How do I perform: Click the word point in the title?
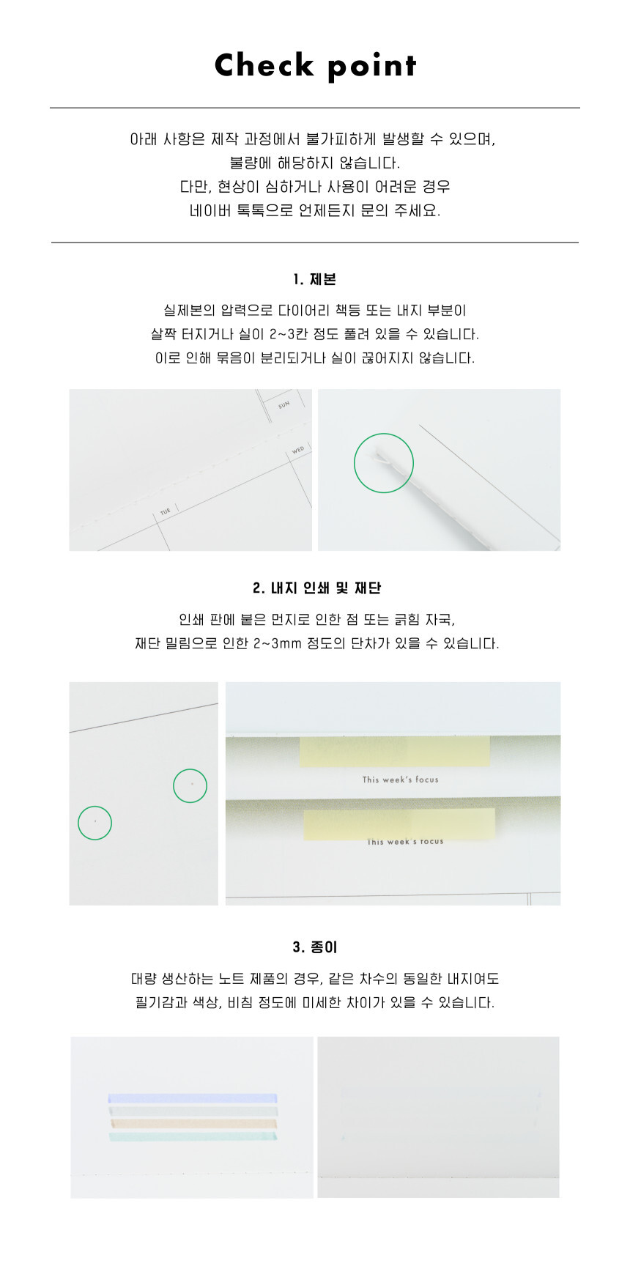(x=372, y=67)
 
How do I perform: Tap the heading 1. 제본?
(x=315, y=279)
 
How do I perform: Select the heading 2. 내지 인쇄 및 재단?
(x=317, y=588)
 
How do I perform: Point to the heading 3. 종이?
(x=315, y=947)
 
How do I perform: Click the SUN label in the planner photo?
(x=283, y=404)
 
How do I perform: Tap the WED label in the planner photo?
(x=298, y=450)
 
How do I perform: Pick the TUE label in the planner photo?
(x=166, y=511)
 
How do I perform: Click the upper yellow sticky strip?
(x=394, y=752)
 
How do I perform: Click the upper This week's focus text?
(x=400, y=780)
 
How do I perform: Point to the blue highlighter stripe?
(x=193, y=1098)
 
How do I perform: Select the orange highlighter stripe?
(x=193, y=1122)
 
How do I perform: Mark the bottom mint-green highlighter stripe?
(x=193, y=1136)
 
